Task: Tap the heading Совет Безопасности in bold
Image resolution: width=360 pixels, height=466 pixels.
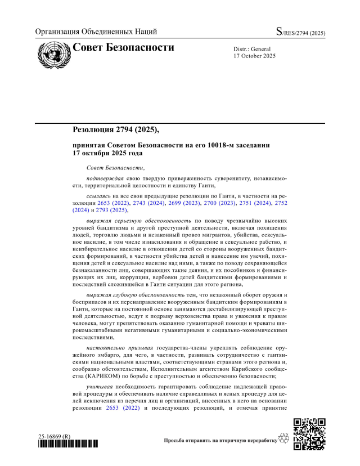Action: click(123, 47)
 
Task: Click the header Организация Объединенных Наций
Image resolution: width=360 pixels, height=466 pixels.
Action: click(96, 32)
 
